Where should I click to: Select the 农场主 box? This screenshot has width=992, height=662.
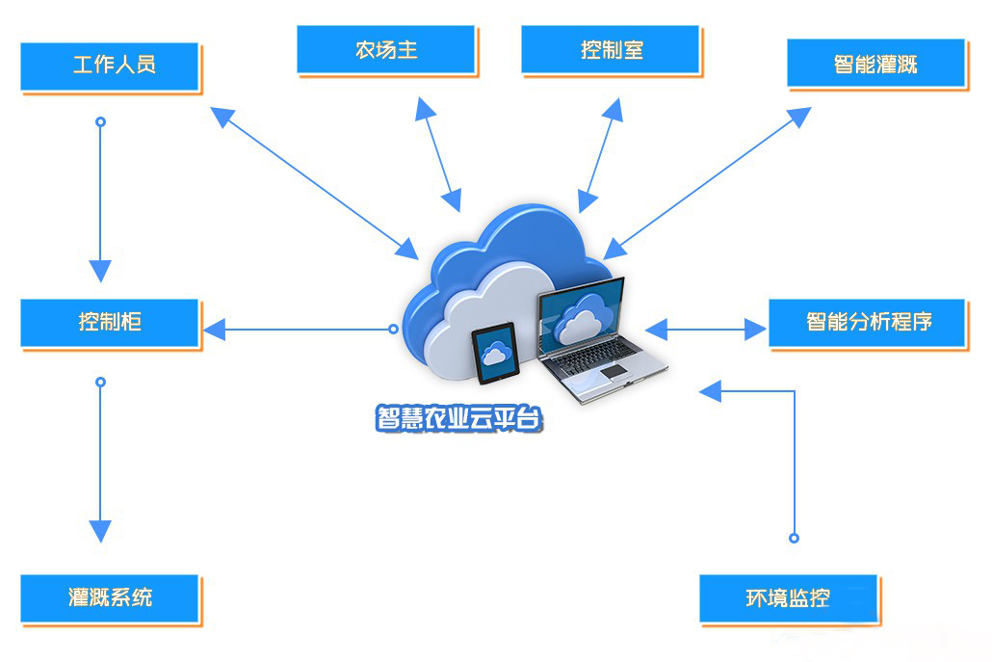(385, 49)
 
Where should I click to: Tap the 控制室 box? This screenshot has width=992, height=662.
(612, 49)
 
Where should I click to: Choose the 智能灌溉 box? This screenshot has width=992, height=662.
(875, 64)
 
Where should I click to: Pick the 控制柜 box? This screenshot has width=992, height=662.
(110, 322)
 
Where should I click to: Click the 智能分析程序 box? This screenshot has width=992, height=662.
(867, 322)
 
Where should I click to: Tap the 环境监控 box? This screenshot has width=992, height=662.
(788, 598)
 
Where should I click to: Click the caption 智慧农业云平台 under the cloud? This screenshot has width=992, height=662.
(459, 419)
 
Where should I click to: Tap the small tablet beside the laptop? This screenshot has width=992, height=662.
(496, 353)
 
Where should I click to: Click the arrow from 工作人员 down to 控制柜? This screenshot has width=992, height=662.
(100, 198)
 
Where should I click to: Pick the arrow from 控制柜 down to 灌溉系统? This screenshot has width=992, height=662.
(100, 458)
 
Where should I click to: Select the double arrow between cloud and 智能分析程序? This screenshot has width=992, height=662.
(706, 330)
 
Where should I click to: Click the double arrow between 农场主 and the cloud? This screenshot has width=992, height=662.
(437, 152)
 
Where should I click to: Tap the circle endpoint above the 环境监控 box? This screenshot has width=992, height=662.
(795, 538)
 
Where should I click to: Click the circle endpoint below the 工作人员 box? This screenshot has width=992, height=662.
(100, 122)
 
